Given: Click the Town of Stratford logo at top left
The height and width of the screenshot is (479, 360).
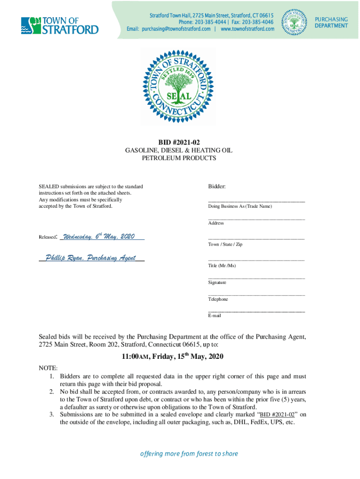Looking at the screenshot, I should click(x=59, y=25).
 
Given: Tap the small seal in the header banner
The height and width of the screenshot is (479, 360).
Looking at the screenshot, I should click(x=295, y=22).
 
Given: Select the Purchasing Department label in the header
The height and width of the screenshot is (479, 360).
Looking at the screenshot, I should click(x=331, y=22).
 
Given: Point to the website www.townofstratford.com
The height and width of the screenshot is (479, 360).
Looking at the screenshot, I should click(x=247, y=29).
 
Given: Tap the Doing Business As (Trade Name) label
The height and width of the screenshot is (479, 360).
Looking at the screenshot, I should click(x=240, y=206).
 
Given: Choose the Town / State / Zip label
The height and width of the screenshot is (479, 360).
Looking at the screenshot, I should click(x=225, y=245).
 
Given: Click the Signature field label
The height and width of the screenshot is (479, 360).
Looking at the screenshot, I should click(x=217, y=283).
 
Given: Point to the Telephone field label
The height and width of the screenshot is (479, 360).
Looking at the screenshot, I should click(x=218, y=299).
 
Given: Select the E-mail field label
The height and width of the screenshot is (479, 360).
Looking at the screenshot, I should click(x=215, y=316).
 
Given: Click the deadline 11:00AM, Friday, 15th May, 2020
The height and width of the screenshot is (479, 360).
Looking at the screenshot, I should click(x=173, y=356).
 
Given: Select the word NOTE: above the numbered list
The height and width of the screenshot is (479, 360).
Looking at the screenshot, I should click(x=48, y=369).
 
